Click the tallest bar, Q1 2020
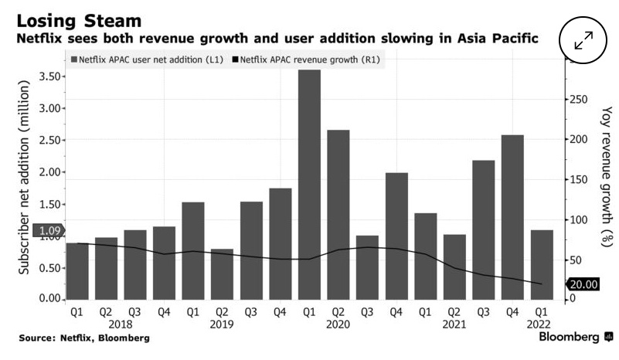[309, 185]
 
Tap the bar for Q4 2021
[512, 217]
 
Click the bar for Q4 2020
[396, 236]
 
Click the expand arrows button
[583, 40]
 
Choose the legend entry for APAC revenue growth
[309, 59]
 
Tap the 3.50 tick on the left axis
[49, 76]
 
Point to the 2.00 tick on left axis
[49, 172]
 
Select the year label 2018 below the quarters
[121, 325]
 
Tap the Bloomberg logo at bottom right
[575, 338]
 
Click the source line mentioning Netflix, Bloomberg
[84, 338]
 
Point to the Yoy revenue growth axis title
[605, 176]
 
